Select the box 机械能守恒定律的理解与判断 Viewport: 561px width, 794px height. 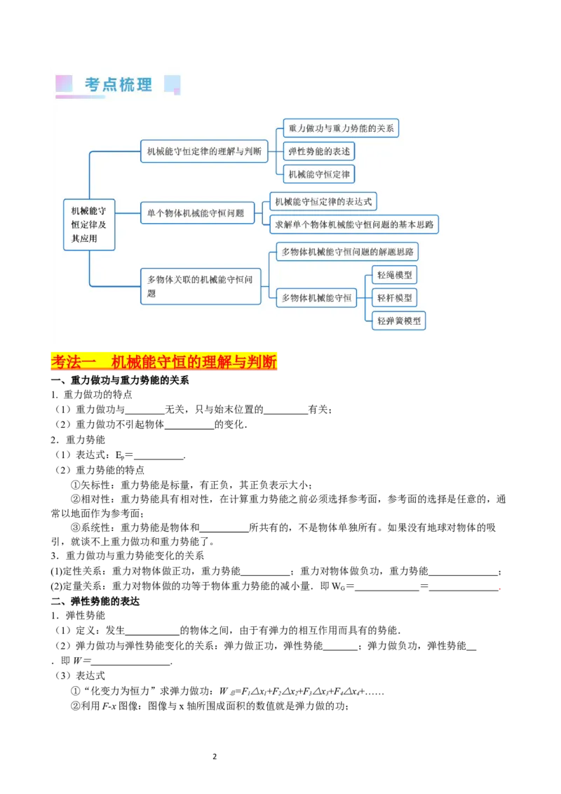[x=204, y=151]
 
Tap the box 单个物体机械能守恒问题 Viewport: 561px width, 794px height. [x=197, y=213]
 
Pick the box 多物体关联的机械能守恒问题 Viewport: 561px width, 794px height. [x=201, y=286]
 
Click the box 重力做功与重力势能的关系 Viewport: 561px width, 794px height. [x=341, y=128]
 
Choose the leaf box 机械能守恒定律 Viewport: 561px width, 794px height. [x=319, y=174]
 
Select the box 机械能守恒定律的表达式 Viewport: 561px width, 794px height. [x=323, y=202]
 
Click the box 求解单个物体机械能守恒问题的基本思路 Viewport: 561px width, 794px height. [x=354, y=224]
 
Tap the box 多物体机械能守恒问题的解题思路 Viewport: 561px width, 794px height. [x=347, y=251]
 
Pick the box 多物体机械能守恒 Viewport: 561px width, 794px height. [x=317, y=297]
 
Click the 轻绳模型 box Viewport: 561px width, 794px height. [x=395, y=275]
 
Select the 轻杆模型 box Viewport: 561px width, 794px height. [x=395, y=297]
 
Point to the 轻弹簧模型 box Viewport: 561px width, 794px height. [x=399, y=321]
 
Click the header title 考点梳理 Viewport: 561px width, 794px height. [x=119, y=85]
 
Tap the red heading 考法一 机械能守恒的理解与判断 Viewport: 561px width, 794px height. [x=165, y=362]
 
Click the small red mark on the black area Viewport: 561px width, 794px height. [x=499, y=588]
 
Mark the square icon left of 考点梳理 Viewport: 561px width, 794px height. [x=64, y=84]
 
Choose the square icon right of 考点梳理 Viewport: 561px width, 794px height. [x=172, y=85]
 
